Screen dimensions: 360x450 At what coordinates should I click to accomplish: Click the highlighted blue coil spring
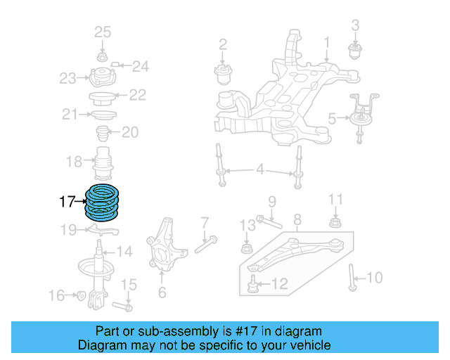coord(102,202)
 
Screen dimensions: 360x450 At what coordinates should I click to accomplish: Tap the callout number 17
coord(67,202)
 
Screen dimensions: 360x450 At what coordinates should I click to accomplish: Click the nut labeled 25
coord(102,56)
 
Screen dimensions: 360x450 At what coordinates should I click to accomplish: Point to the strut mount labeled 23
coord(102,78)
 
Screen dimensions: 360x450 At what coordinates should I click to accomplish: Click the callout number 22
coord(137,95)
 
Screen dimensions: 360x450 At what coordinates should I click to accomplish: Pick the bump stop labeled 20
coord(101,133)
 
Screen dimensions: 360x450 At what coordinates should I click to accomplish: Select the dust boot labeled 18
coord(104,163)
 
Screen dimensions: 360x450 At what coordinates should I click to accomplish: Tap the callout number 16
coord(56,295)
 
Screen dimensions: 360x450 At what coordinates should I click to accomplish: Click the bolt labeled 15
coord(124,307)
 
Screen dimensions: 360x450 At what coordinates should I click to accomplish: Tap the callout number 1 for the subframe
coord(326,42)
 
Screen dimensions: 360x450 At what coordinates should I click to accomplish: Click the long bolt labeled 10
coord(351,277)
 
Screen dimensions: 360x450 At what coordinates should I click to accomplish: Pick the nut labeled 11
coord(336,224)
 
